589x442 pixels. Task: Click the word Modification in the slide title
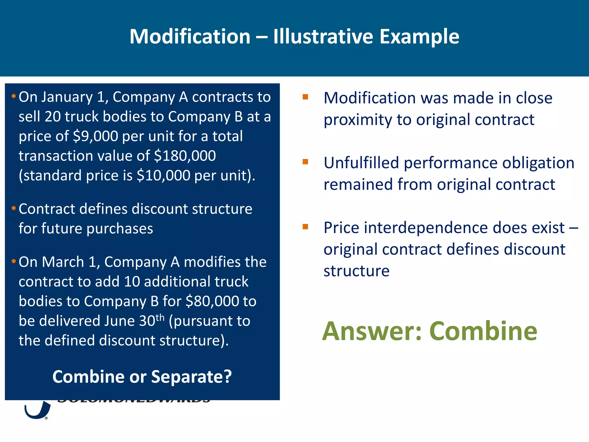click(190, 37)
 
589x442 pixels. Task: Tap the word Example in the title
click(419, 37)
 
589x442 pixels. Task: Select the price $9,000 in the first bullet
click(95, 136)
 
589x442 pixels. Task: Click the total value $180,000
click(185, 156)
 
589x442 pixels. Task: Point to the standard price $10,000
click(163, 175)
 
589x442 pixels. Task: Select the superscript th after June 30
click(160, 317)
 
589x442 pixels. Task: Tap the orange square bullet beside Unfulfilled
click(305, 162)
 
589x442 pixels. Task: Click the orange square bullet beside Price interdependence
click(305, 227)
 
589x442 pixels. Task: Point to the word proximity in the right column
click(357, 120)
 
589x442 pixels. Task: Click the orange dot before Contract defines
click(14, 208)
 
